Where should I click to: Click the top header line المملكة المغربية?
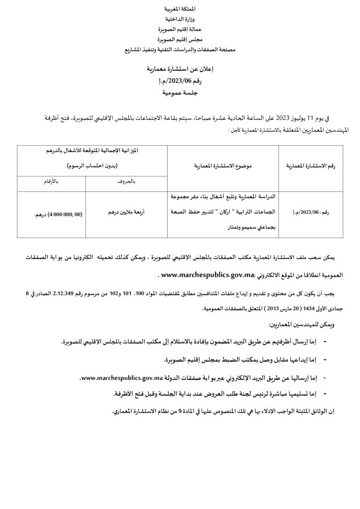click(180, 10)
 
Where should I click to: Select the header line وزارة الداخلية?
click(180, 19)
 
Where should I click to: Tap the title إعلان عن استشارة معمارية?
click(180, 68)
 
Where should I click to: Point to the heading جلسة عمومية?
click(180, 92)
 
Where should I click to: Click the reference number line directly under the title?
click(180, 80)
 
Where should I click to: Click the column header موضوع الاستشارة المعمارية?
click(223, 166)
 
